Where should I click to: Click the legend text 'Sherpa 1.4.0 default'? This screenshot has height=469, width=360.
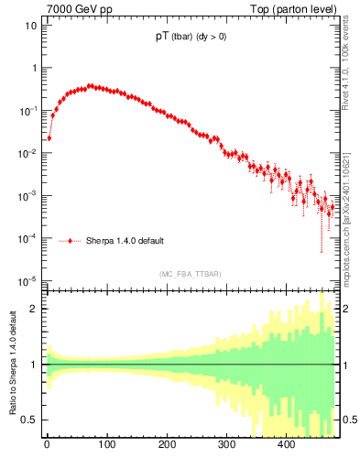[125, 241]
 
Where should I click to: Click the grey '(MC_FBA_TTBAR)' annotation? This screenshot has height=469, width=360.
[190, 274]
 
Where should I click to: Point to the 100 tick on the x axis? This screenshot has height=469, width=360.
[106, 445]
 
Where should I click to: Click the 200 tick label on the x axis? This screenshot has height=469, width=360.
[167, 445]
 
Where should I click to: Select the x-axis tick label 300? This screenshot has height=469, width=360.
[226, 445]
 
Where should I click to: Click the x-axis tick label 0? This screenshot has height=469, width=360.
[47, 445]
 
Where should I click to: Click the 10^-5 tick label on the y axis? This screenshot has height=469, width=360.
[27, 280]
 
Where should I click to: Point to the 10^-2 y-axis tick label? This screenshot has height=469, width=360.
[27, 153]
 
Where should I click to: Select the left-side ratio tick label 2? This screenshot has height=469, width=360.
[35, 309]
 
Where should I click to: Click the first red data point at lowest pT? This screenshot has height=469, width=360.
[49, 137]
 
